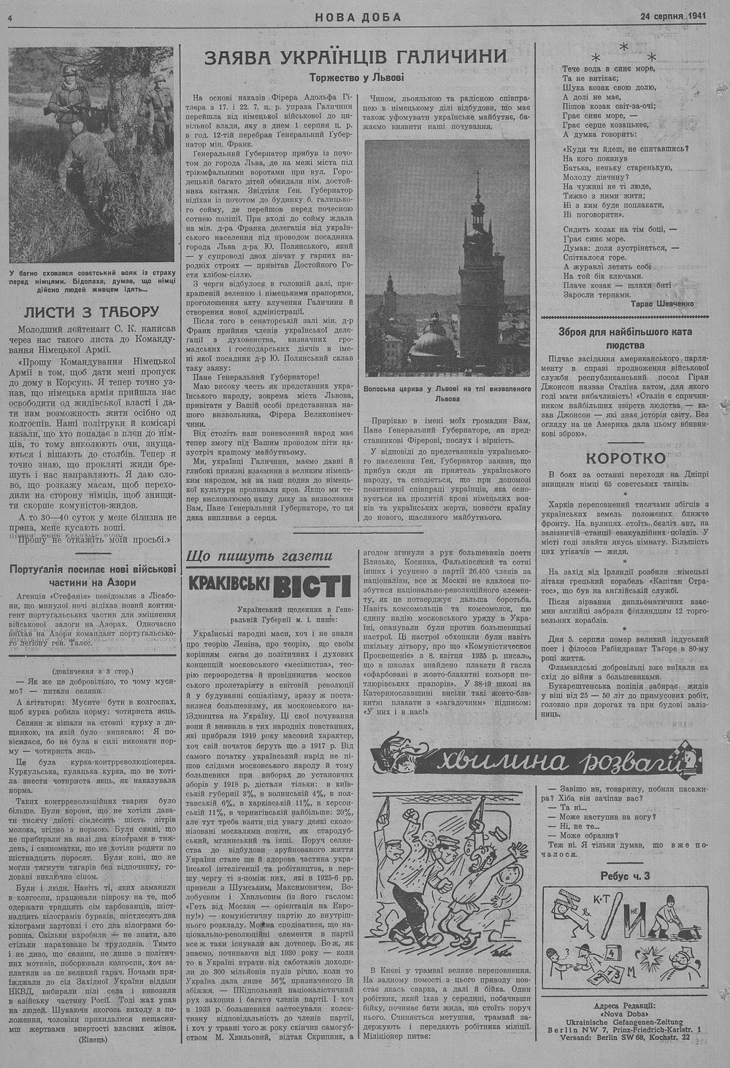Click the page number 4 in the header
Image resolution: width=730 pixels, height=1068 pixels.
(12, 18)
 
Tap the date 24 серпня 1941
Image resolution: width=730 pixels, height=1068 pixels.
(673, 16)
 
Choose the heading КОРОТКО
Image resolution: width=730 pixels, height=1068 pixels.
(626, 458)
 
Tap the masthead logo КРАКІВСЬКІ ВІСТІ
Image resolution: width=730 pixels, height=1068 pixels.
(269, 585)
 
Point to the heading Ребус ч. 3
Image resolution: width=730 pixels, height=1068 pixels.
(625, 875)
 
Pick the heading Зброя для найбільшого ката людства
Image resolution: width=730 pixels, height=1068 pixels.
(625, 338)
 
